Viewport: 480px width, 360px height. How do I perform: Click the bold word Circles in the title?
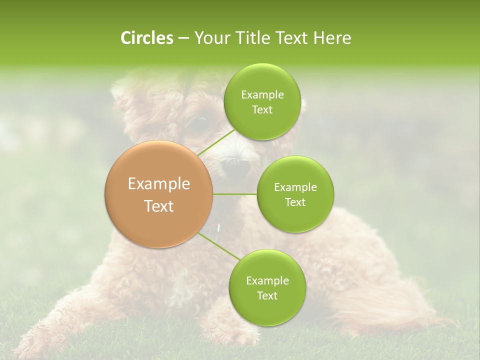pyautogui.click(x=146, y=38)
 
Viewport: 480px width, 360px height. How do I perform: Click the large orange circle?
pyautogui.click(x=159, y=194)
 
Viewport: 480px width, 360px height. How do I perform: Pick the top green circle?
pyautogui.click(x=262, y=102)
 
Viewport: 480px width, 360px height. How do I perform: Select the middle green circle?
pyautogui.click(x=295, y=194)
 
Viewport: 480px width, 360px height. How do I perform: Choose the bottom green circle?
pyautogui.click(x=267, y=287)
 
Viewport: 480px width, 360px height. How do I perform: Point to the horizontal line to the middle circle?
pyautogui.click(x=235, y=194)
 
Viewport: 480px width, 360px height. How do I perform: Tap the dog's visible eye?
pyautogui.click(x=200, y=121)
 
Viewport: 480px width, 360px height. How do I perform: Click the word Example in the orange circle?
pyautogui.click(x=159, y=184)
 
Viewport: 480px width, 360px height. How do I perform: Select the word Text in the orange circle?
pyautogui.click(x=159, y=206)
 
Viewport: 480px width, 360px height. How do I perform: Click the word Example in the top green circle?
pyautogui.click(x=262, y=95)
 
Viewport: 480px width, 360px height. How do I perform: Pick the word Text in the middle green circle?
pyautogui.click(x=295, y=202)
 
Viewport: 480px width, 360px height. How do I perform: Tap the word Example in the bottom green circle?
pyautogui.click(x=267, y=280)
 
